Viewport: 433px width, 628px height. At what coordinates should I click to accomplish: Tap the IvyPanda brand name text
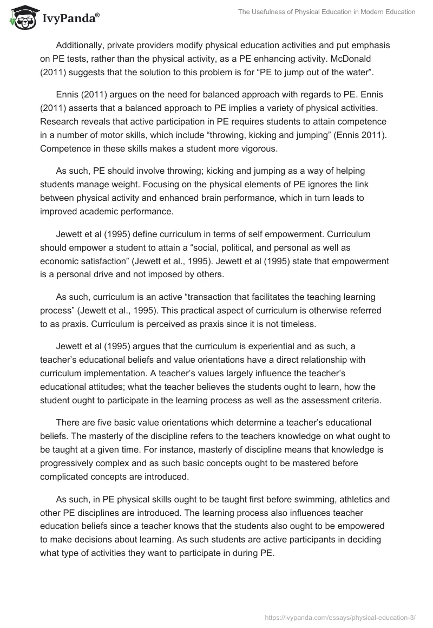click(x=70, y=19)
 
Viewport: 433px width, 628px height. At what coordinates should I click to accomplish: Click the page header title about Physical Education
click(x=326, y=12)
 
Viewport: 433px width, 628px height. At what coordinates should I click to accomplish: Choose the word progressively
click(x=69, y=464)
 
